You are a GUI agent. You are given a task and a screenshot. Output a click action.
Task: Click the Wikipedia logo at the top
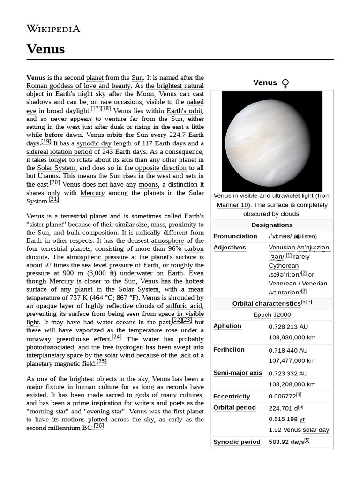click(53, 29)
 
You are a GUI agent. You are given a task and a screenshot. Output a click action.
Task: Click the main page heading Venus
click(45, 49)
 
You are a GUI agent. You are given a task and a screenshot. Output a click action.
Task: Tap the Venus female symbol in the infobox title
click(285, 83)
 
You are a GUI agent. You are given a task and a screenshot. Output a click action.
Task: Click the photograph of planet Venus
click(272, 141)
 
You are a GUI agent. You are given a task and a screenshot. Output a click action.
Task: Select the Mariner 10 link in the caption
click(232, 205)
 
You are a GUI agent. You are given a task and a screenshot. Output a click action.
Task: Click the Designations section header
click(272, 225)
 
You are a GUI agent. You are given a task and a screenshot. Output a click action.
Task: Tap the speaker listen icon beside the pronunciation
click(297, 237)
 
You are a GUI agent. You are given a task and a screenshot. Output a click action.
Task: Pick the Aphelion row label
click(227, 326)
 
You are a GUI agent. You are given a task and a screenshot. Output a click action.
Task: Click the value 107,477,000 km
click(292, 360)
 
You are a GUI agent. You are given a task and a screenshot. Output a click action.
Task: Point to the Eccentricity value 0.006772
click(282, 397)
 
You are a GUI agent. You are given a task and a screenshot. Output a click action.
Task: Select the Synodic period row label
click(237, 442)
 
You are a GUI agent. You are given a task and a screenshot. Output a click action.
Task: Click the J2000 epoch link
click(282, 315)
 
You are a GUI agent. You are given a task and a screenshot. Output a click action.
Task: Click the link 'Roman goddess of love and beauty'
click(78, 86)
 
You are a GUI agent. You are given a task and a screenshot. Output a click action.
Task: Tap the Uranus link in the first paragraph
click(48, 176)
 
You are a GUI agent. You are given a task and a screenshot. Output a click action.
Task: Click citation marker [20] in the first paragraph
click(55, 183)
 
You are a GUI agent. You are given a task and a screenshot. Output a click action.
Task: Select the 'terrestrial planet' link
click(84, 216)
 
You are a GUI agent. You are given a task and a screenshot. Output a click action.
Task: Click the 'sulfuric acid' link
click(185, 306)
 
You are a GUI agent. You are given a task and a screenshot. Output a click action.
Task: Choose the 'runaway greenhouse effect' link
click(68, 338)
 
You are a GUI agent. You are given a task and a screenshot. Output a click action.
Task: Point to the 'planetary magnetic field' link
click(60, 363)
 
